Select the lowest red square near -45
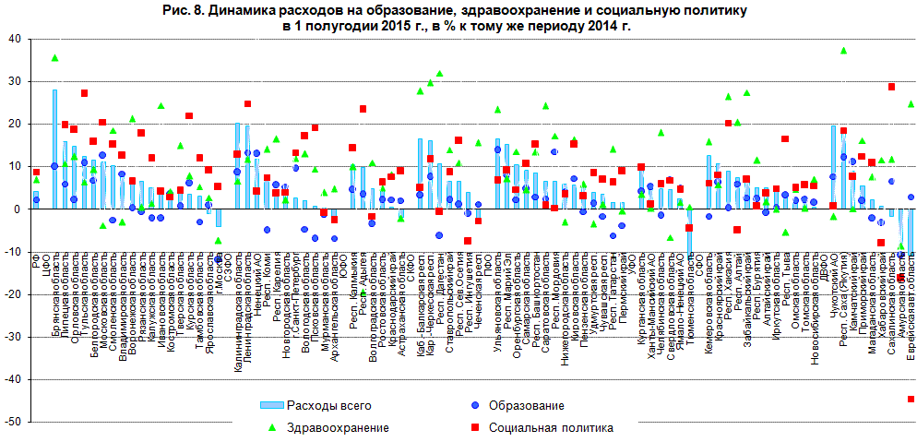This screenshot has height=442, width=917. tap(911, 399)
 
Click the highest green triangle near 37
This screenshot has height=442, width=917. tap(843, 51)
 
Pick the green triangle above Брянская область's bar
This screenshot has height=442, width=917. tap(55, 58)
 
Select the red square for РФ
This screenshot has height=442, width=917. tap(36, 173)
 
